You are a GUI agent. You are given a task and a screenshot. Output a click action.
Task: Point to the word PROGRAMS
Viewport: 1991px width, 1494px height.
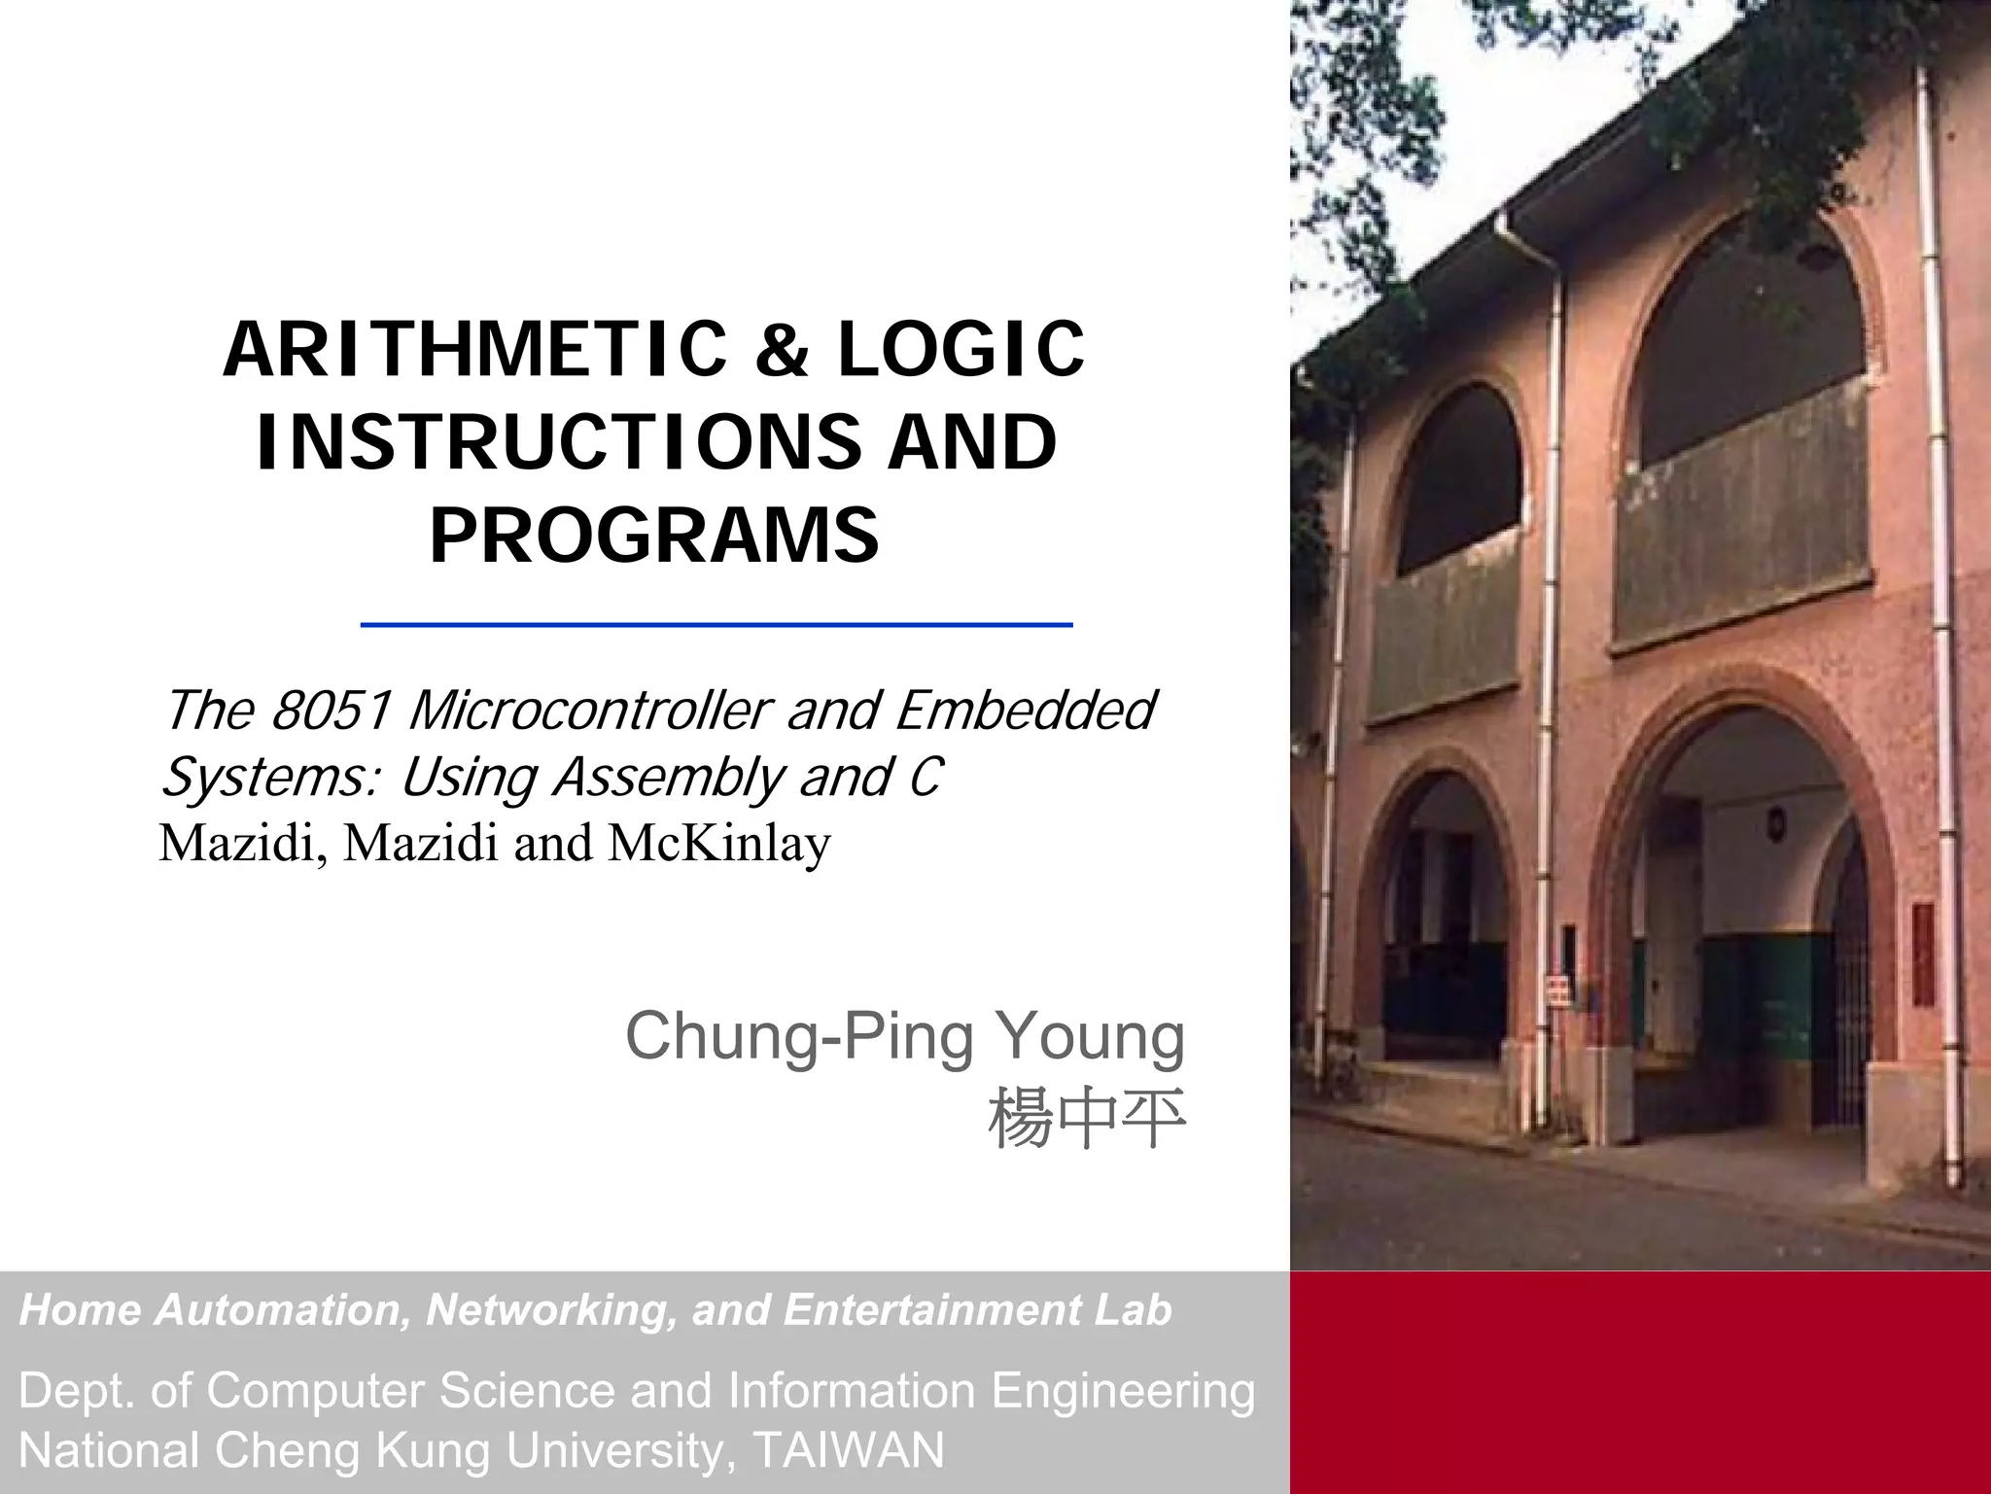click(654, 536)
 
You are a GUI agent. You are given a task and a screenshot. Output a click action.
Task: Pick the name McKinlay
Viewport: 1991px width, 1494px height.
click(719, 843)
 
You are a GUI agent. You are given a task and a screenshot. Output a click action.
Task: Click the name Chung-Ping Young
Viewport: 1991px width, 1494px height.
click(905, 1036)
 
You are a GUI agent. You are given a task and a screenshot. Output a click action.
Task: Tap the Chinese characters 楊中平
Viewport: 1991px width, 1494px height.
click(1087, 1120)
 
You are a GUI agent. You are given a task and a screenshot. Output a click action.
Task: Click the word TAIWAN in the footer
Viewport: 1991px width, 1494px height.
click(848, 1450)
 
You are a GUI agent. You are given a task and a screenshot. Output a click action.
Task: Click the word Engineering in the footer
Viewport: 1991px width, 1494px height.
click(1123, 1391)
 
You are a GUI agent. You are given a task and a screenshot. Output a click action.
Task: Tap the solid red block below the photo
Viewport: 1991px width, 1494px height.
click(1639, 1380)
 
